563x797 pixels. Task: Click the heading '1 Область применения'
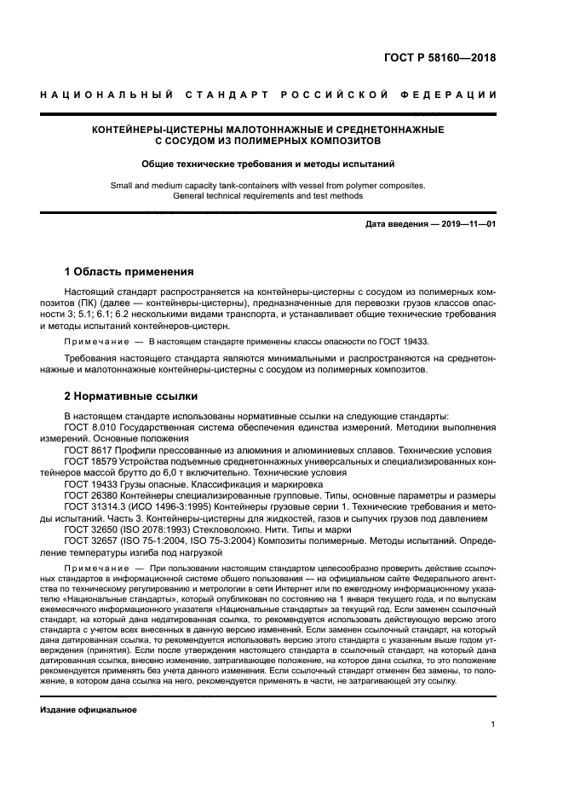tap(129, 272)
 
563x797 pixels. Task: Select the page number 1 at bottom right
tap(493, 725)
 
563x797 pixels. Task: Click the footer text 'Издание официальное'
tap(89, 708)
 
